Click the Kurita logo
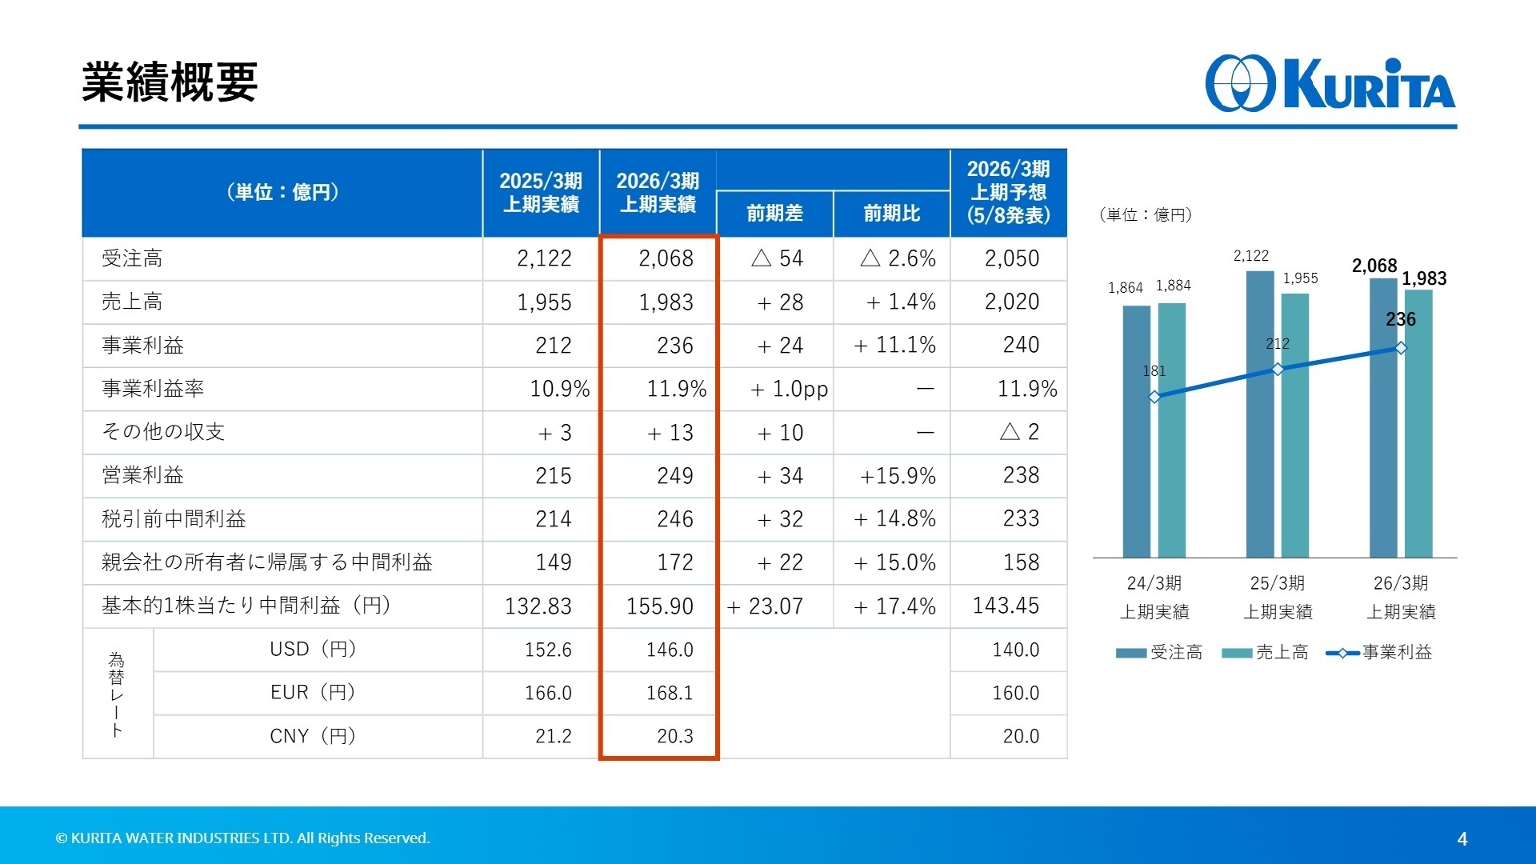1330,83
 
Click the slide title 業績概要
169,82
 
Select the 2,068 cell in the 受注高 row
666,258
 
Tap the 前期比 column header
891,214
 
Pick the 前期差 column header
774,214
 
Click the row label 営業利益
143,476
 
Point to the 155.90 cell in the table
659,606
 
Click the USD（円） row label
313,650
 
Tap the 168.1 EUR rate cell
670,693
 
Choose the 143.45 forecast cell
1006,606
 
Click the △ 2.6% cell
898,258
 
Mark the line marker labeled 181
1154,397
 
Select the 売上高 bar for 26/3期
1418,423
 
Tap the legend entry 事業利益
1379,653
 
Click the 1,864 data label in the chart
1125,288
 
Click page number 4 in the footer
1462,839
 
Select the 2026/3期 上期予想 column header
1008,192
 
